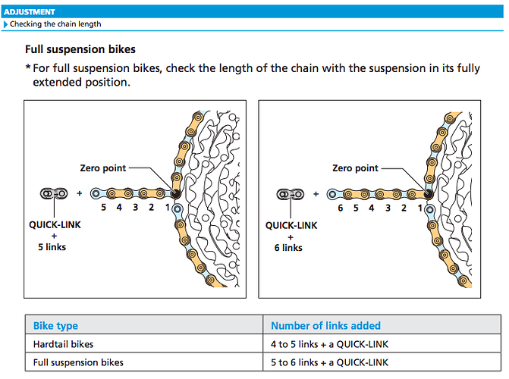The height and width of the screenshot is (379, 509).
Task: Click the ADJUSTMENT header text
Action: pos(30,12)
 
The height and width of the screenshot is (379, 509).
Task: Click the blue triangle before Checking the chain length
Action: pos(5,24)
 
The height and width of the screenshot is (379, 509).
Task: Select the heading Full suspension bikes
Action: pos(80,49)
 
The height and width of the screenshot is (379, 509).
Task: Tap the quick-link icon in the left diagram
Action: pos(54,193)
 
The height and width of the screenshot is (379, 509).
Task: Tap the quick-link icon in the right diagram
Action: pos(291,194)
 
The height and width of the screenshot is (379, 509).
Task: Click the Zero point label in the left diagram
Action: pos(103,168)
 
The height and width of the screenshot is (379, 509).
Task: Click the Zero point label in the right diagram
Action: pos(355,168)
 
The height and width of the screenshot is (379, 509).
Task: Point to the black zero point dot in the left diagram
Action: pos(175,194)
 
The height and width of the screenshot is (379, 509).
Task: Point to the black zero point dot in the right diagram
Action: pos(428,194)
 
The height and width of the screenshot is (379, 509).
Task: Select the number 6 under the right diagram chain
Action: pos(340,208)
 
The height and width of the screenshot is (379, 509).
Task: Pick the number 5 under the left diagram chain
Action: pos(104,208)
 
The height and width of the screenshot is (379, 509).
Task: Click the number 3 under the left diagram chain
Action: pos(135,208)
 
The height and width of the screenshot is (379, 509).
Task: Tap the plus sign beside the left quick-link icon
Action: pos(79,193)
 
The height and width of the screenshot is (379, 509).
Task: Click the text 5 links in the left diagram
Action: pos(52,247)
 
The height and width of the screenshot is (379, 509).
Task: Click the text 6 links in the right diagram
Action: pos(288,248)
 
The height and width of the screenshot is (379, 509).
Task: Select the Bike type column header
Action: pos(55,326)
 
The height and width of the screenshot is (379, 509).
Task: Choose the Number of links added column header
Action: pos(325,326)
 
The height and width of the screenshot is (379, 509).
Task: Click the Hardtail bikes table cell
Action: pos(63,344)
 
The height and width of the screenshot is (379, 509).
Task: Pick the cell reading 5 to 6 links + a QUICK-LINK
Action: pos(329,362)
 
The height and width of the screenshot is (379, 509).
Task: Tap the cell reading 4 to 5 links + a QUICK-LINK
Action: pos(329,344)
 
